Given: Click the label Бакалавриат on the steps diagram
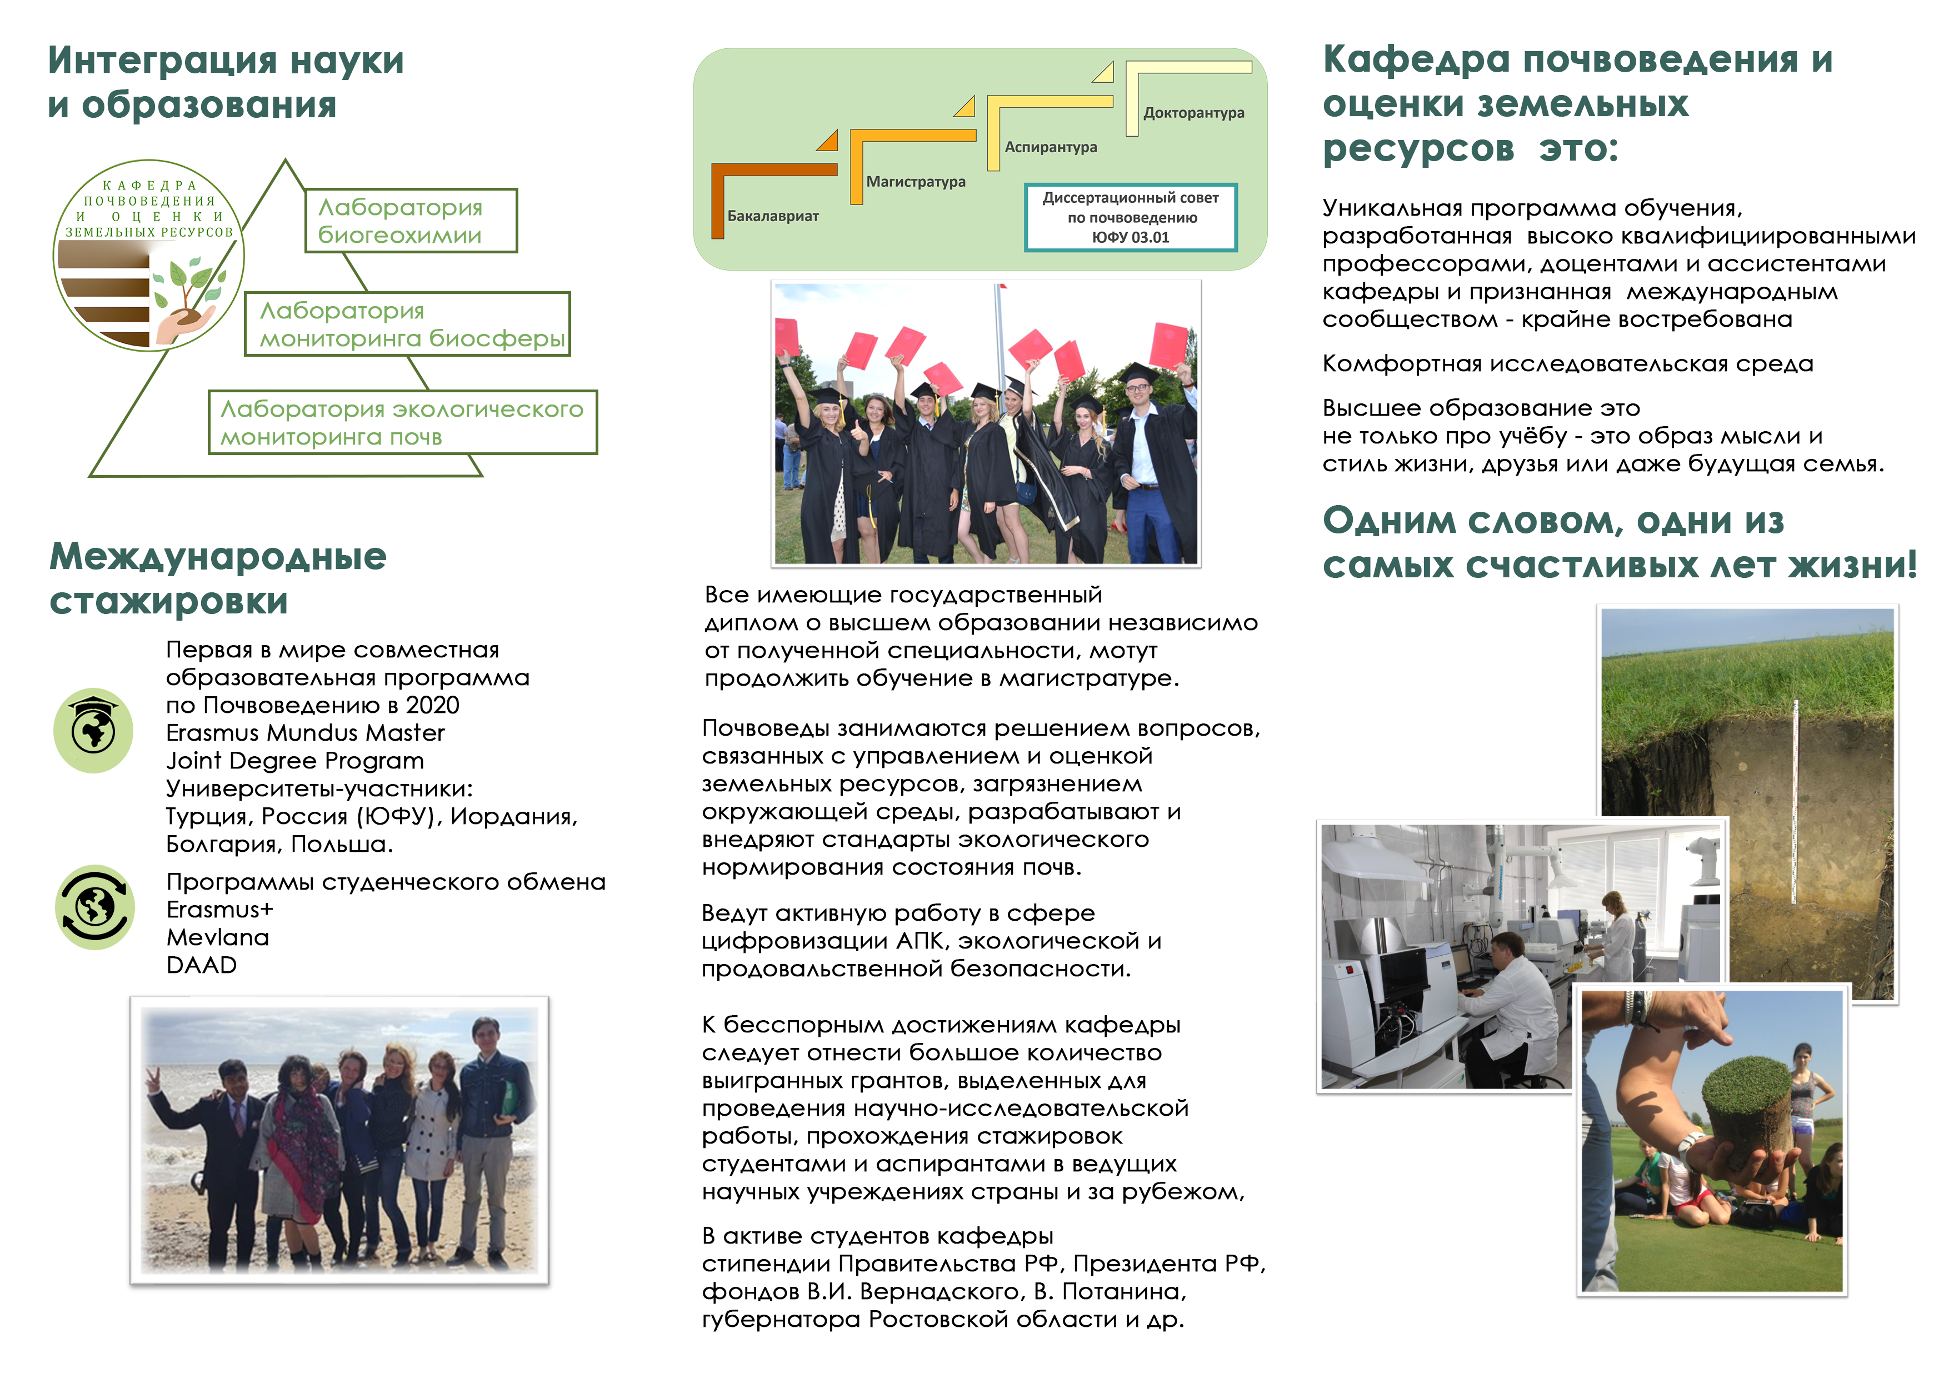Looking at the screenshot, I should pos(772,217).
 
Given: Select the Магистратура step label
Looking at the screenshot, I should pos(915,182).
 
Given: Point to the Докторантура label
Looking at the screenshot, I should pos(1193,113).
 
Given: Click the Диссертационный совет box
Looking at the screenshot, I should pos(1130,217).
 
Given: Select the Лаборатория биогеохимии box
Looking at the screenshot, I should pos(411,221).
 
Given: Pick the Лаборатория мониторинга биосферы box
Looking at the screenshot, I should pos(407,324).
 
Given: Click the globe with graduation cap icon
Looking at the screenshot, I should pos(93,730).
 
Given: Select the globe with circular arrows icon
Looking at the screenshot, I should pos(94,907).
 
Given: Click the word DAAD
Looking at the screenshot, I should pos(201,965).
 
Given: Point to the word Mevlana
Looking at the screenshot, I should pos(217,937).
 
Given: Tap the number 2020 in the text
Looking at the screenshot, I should pos(432,706).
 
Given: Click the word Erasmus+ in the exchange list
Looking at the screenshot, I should pos(220,910).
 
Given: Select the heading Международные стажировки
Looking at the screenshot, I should pos(218,578).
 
